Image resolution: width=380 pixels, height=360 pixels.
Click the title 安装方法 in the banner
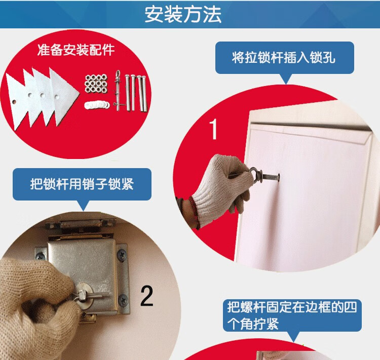click(x=183, y=14)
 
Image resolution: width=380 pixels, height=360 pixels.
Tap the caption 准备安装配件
click(x=76, y=50)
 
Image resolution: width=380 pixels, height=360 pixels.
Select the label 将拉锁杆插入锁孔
click(x=284, y=58)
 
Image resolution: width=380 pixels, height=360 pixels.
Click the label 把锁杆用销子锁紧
click(x=82, y=184)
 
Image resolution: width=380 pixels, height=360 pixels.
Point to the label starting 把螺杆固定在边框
click(x=292, y=315)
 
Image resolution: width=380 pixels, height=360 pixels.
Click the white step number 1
click(x=213, y=129)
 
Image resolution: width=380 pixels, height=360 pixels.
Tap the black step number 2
click(x=146, y=296)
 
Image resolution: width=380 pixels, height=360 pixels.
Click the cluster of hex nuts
click(x=96, y=84)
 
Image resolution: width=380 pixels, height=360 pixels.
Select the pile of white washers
click(x=97, y=105)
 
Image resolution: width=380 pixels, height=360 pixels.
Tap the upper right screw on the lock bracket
click(x=121, y=254)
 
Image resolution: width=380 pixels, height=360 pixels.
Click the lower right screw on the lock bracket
click(x=124, y=300)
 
